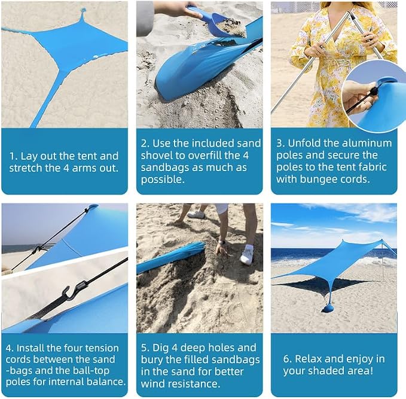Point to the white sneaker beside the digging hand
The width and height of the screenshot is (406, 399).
point(247,255)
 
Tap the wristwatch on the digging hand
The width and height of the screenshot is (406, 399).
point(221,242)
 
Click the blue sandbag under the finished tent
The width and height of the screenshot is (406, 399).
point(328,308)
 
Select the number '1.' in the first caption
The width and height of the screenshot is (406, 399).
point(14,156)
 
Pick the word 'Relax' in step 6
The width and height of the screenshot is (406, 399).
point(308,359)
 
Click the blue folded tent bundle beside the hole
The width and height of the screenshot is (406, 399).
point(171,257)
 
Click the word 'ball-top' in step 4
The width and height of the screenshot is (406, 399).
point(91,371)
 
